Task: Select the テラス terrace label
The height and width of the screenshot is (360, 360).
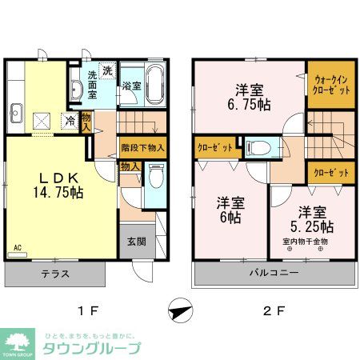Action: tap(55, 274)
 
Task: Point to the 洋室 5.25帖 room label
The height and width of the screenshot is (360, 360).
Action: tap(313, 218)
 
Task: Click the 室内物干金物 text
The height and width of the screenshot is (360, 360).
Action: tap(305, 240)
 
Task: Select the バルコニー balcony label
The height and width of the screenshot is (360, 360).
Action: tap(274, 273)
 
